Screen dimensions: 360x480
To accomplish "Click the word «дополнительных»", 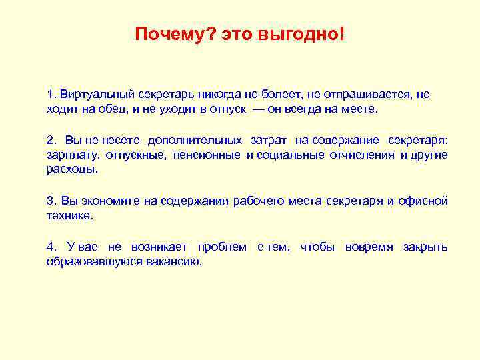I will click(195, 140).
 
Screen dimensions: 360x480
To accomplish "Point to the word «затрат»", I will click(269, 140).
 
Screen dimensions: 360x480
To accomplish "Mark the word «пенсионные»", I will click(207, 155).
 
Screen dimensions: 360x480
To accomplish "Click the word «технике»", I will click(69, 216).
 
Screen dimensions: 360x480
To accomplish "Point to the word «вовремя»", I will click(370, 247).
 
